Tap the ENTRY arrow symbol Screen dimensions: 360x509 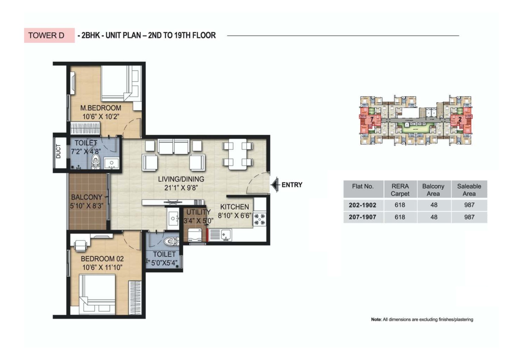pos(275,185)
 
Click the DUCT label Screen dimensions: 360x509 pos(58,151)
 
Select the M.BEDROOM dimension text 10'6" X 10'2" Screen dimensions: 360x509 pos(101,117)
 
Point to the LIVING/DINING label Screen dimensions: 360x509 pos(181,179)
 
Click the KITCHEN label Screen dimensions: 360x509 pos(234,207)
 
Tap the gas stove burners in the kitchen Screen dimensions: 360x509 pos(259,219)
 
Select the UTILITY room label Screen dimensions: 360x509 pos(198,212)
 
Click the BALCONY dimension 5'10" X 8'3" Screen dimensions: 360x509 pos(86,206)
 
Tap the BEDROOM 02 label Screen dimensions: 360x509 pos(102,259)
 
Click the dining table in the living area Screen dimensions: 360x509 pos(237,154)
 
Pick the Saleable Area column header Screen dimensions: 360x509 pos(469,190)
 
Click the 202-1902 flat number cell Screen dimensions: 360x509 pos(362,205)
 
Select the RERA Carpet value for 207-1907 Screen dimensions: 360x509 pos(400,217)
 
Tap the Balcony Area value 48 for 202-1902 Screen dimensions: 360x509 pos(434,205)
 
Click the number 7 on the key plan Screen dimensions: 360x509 pos(372,119)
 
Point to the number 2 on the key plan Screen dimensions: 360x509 pos(460,119)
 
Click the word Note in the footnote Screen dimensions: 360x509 pos(376,319)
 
